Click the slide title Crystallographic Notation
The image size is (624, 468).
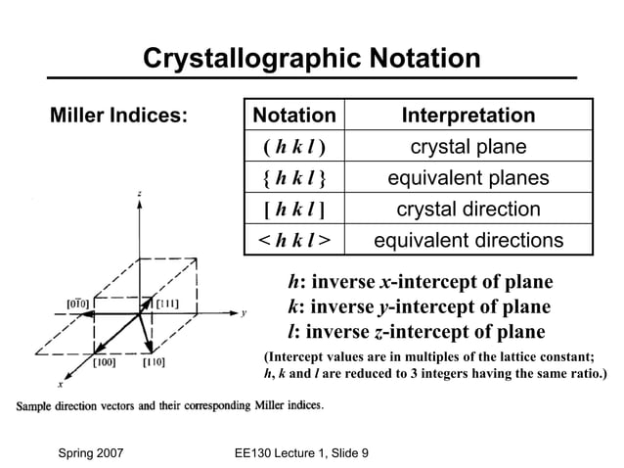pos(311,58)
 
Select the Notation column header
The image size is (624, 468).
pos(293,116)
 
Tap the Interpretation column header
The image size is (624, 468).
pos(468,116)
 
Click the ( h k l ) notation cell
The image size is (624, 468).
pos(293,148)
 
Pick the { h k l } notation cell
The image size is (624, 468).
pos(293,179)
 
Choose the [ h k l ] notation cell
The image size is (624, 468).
pos(293,210)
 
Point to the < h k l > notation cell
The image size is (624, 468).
pos(293,241)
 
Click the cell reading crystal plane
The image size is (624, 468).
pos(468,148)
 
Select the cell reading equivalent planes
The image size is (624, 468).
pos(468,179)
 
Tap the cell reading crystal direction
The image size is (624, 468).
pos(468,210)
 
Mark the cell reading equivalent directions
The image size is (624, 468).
pos(468,241)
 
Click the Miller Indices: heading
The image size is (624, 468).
pos(119,116)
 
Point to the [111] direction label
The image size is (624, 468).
pos(167,304)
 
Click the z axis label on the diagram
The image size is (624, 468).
pos(139,195)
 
